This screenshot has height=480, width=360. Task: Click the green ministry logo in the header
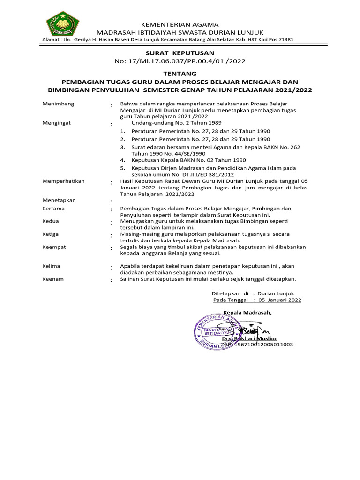62,24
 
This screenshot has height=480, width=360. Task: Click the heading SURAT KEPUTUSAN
180,53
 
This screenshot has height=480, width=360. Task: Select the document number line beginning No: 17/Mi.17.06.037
180,61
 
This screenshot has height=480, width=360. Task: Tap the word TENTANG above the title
180,74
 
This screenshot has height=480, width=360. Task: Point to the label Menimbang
58,104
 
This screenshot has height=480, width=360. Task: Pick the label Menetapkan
59,200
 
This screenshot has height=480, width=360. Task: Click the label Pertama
53,208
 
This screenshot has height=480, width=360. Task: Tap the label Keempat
54,247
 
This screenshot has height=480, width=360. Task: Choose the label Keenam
52,279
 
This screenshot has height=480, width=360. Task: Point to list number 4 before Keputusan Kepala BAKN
122,160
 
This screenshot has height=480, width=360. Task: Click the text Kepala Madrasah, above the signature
247,313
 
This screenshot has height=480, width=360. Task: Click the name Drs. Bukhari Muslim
249,338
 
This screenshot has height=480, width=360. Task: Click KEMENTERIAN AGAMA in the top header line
180,24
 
